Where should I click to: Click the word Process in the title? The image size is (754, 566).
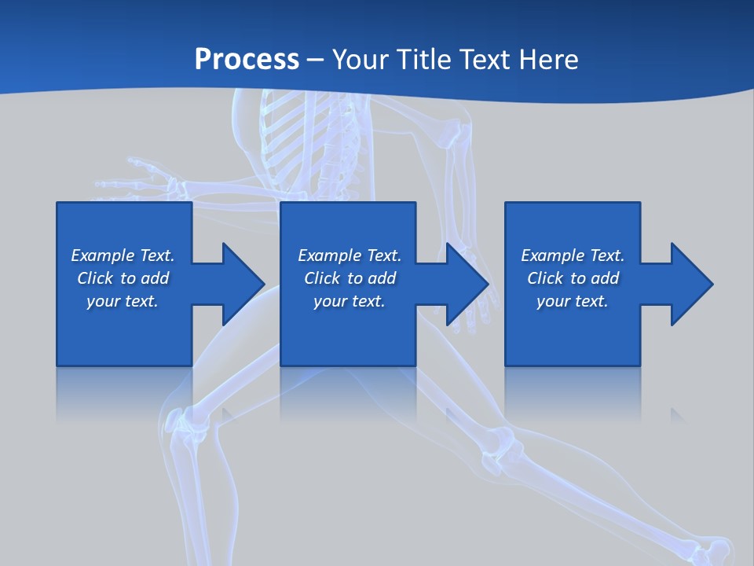pyautogui.click(x=247, y=60)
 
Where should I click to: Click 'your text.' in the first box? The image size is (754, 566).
pyautogui.click(x=123, y=301)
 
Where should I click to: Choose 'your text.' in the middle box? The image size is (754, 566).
pyautogui.click(x=349, y=301)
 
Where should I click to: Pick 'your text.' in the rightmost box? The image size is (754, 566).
pyautogui.click(x=573, y=301)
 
